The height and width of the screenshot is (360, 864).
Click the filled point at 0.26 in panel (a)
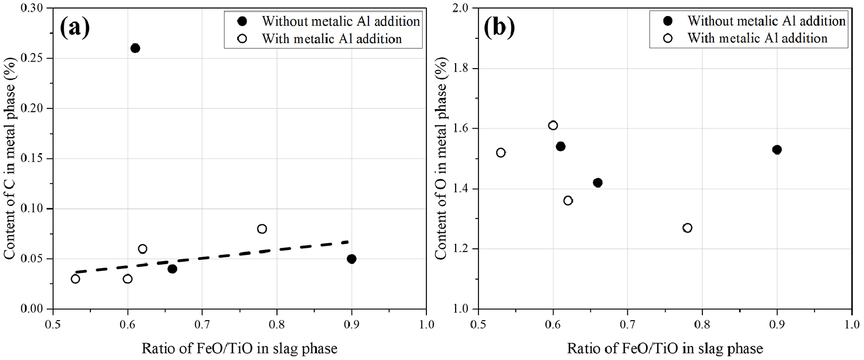[135, 48]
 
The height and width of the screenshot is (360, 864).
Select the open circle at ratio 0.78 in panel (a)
[262, 229]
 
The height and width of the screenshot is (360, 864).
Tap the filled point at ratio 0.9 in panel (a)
[351, 259]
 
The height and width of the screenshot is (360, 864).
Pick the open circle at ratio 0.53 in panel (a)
[76, 279]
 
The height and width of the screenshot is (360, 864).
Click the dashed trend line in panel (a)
[213, 257]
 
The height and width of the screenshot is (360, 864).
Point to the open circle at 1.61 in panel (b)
[553, 125]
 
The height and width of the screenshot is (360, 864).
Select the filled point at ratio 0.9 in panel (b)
[777, 150]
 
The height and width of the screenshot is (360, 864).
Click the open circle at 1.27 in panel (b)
[687, 228]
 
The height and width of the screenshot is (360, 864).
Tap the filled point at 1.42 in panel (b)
[598, 183]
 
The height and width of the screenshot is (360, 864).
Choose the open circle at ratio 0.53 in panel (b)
[501, 153]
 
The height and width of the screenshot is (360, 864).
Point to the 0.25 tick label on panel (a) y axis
[35, 58]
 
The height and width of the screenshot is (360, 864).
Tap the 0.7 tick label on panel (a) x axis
[202, 324]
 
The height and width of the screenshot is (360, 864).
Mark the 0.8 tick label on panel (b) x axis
[702, 324]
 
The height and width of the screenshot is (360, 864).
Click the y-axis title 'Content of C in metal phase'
[10, 158]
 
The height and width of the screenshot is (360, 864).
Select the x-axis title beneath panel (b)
[665, 349]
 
